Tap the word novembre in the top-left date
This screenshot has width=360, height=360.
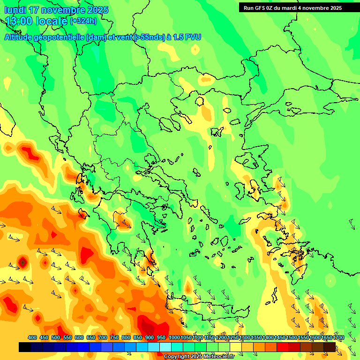point(61,10)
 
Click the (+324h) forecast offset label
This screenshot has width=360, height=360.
point(83,21)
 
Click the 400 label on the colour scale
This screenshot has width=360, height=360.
point(32,337)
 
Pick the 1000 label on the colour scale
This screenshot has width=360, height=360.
point(174,337)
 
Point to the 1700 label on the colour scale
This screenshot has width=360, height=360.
point(338,337)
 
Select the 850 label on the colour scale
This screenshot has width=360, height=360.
point(138,337)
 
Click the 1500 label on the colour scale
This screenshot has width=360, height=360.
point(292,337)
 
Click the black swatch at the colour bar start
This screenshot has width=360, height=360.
point(25,347)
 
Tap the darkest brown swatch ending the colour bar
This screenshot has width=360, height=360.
point(330,347)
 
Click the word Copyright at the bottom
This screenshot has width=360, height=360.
point(177,357)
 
